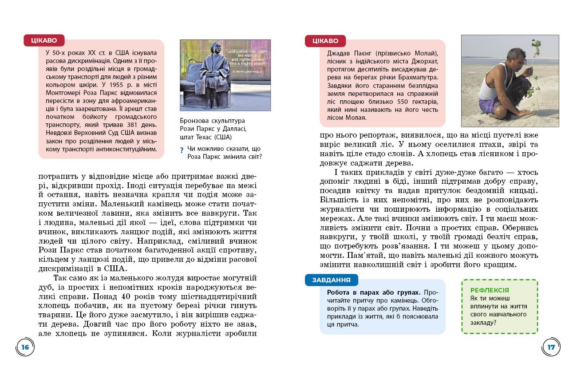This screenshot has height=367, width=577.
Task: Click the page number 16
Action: coord(25,347)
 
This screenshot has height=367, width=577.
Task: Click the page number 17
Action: coord(551,347)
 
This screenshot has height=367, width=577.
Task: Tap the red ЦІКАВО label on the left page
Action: coord(44,40)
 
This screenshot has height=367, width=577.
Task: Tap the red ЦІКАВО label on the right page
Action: coord(325,41)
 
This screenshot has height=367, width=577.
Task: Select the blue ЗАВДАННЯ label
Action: coord(331,280)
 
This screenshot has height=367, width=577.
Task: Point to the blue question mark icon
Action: coord(182,151)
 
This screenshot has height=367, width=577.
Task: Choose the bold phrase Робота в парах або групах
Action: coord(373,292)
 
